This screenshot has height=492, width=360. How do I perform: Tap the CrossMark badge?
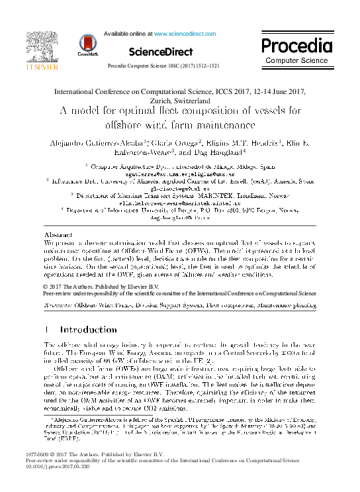[87, 43]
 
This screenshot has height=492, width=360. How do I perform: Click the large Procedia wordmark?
[296, 46]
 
